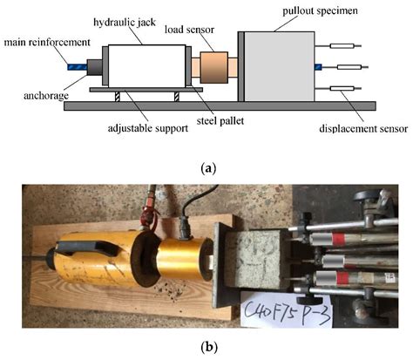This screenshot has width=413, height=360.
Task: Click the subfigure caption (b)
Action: [206, 347]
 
